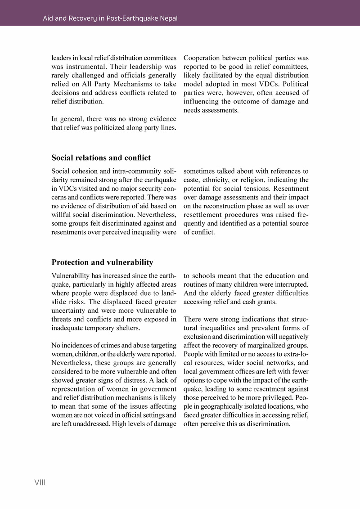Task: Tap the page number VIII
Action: coord(40,483)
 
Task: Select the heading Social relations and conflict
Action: coord(101,158)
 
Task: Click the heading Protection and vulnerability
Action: coord(103,262)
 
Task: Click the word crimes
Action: coord(101,346)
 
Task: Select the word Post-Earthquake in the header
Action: coord(127,18)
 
